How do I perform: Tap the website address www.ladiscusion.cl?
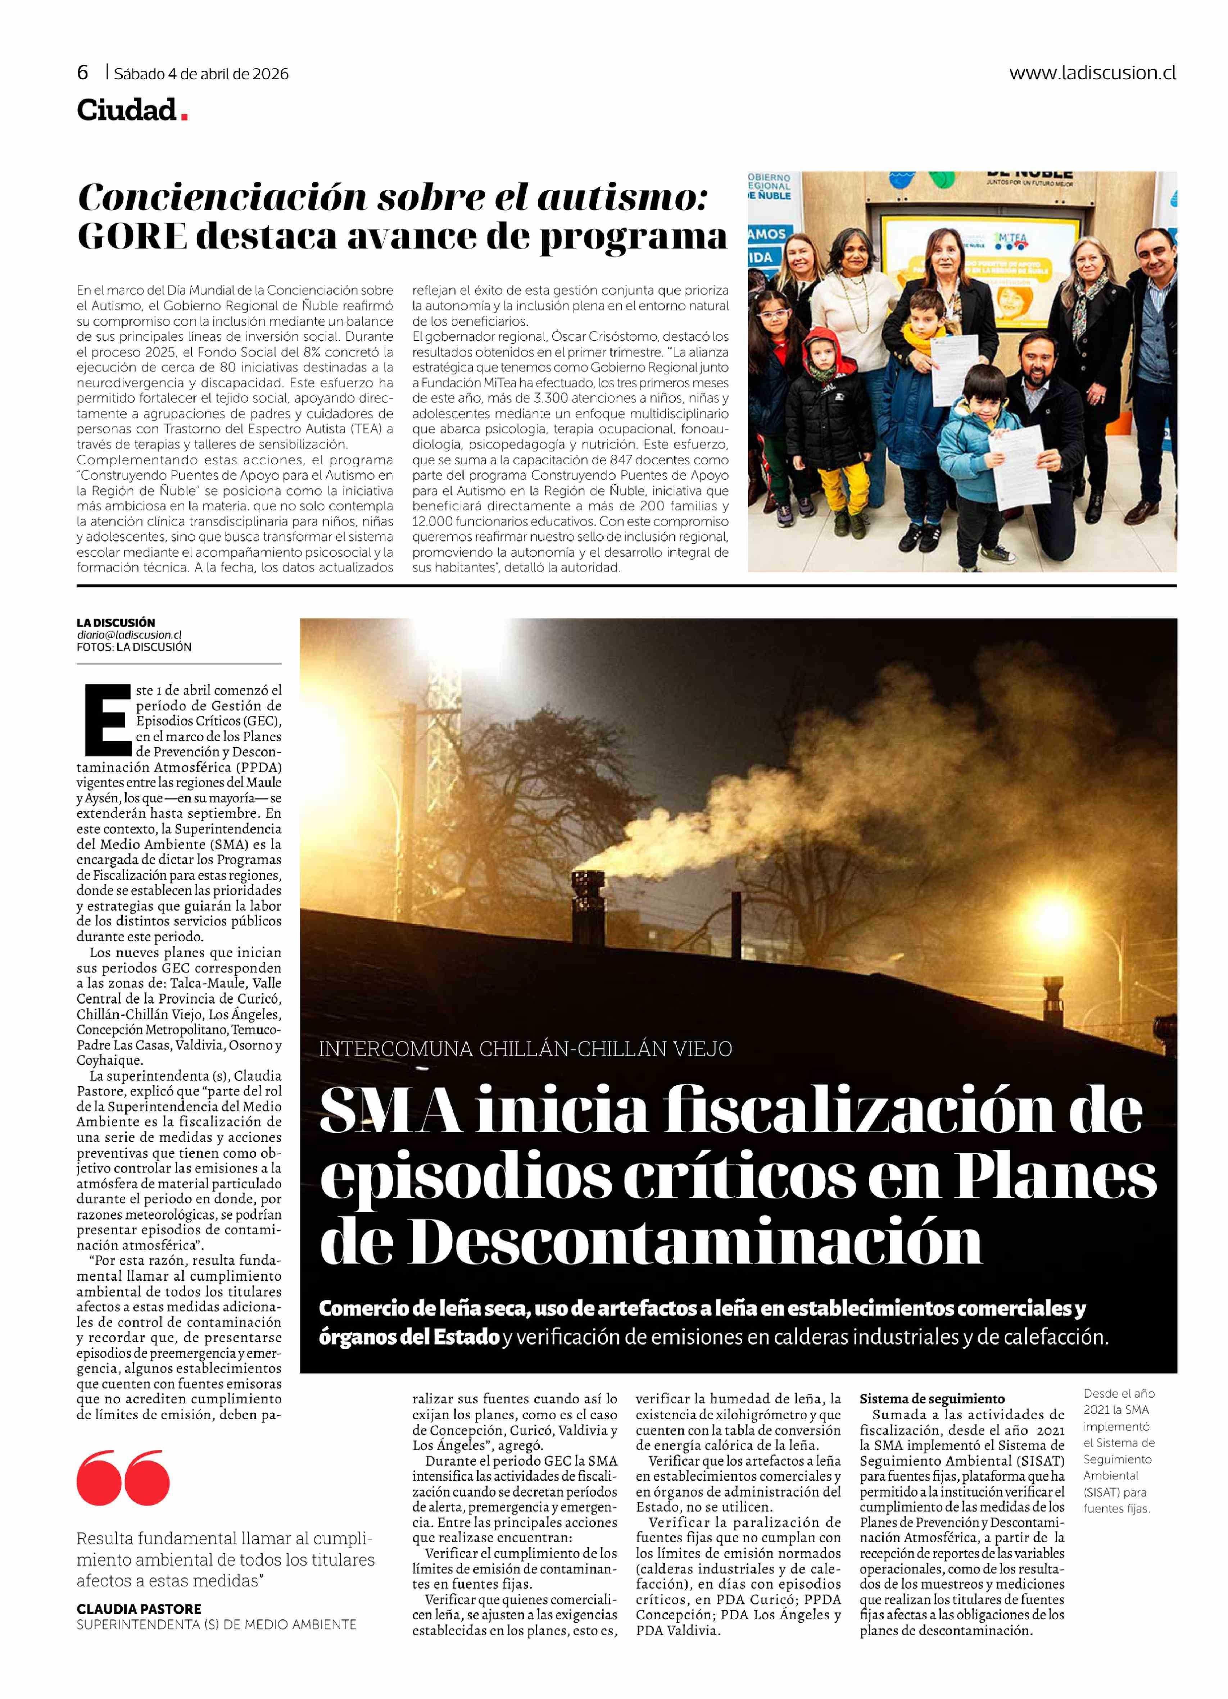pyautogui.click(x=1092, y=73)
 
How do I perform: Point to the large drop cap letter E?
pyautogui.click(x=108, y=719)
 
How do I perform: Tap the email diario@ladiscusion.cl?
pyautogui.click(x=129, y=634)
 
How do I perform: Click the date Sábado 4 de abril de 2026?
pyautogui.click(x=201, y=73)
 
